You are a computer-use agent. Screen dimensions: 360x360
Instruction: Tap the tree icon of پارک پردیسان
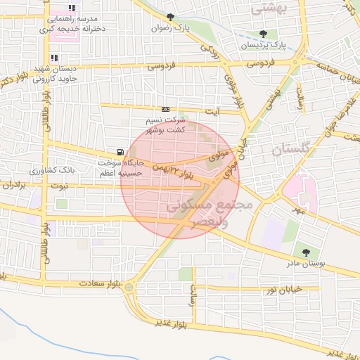tap(263, 34)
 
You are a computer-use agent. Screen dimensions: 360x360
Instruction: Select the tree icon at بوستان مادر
tap(306, 252)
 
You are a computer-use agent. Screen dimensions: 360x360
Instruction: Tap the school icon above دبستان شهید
tap(53, 58)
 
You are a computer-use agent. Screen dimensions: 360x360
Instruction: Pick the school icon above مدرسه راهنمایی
tap(53, 6)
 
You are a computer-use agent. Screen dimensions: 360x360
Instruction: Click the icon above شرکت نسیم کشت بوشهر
tap(165, 109)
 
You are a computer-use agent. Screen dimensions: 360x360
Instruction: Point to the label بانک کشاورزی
tap(53, 171)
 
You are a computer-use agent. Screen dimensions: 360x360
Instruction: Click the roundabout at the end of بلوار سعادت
tap(129, 287)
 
